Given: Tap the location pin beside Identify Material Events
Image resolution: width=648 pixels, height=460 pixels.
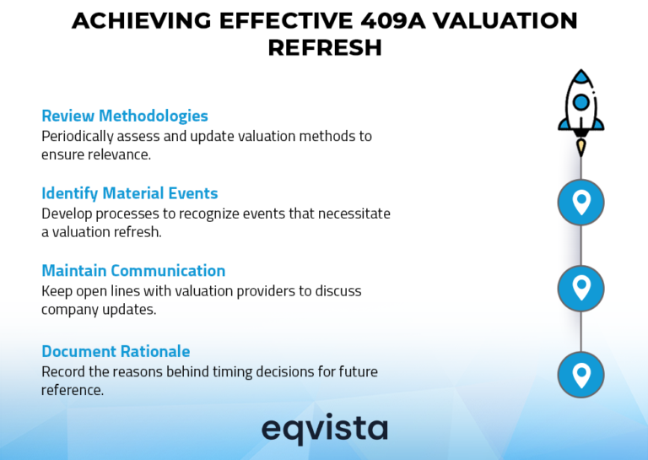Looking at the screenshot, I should [x=580, y=202].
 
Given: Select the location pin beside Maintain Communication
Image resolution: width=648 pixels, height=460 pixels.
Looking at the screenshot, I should [x=580, y=288].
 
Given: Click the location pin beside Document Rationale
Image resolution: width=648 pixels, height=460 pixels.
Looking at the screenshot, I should [x=580, y=374].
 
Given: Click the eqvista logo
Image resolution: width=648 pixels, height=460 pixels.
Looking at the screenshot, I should [x=324, y=429].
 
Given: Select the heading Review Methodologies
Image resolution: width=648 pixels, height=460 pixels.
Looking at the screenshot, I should [x=124, y=116].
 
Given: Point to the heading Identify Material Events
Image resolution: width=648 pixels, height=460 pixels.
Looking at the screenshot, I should [x=129, y=193].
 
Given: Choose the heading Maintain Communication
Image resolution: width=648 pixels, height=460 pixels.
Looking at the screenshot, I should [x=133, y=271].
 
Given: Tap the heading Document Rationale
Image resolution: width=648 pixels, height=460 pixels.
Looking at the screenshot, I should [x=116, y=351].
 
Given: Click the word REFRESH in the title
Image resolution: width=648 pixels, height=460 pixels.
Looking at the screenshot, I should [x=324, y=48].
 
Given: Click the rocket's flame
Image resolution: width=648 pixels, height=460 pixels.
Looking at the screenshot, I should [x=580, y=147].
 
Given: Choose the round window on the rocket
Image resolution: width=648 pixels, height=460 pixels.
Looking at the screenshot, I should [x=580, y=102].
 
